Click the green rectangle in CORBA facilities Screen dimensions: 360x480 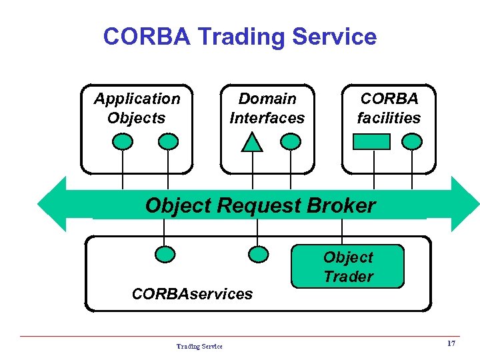371,141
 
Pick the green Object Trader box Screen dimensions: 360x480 348,267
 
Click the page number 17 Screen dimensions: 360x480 451,343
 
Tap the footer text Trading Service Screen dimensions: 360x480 199,346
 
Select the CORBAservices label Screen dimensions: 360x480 192,293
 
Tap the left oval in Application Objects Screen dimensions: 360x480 123,141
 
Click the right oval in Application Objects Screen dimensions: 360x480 168,141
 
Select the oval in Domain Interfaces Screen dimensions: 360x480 291,141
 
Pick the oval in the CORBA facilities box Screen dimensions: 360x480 413,141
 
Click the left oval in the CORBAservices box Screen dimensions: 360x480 165,254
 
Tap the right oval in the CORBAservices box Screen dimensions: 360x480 258,254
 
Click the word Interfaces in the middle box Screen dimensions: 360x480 267,118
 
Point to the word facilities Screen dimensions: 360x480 389,118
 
